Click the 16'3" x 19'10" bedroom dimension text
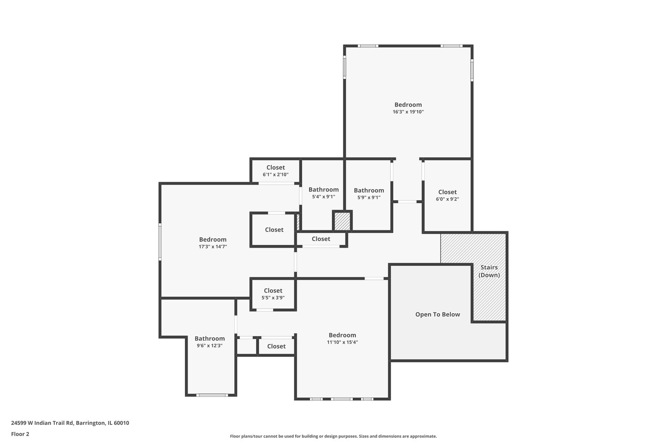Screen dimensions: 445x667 click(408, 112)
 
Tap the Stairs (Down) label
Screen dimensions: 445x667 click(489, 271)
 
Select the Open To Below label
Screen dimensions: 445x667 click(437, 314)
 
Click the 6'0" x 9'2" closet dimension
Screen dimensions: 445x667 click(447, 199)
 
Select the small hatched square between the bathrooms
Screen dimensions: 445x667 click(342, 221)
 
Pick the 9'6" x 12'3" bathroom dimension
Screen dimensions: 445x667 click(210, 346)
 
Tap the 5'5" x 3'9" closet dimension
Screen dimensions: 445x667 click(273, 297)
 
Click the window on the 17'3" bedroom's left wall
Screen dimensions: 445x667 click(160, 242)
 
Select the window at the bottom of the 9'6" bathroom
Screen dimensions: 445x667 click(212, 395)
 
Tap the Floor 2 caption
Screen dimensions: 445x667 click(20, 434)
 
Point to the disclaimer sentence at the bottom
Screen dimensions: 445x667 click(333, 436)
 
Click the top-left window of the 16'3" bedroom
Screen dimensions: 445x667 click(368, 46)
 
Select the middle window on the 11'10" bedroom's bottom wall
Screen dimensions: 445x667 click(342, 399)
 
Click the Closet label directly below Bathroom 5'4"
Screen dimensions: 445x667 click(321, 239)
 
